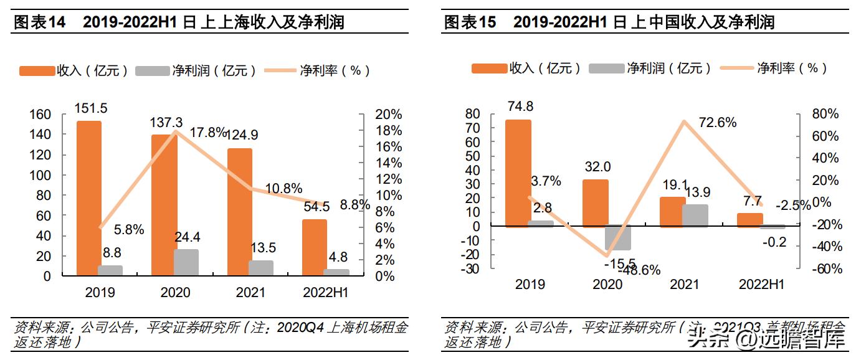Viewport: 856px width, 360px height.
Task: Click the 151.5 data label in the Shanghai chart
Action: point(91,108)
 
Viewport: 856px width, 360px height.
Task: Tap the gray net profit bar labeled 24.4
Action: point(186,263)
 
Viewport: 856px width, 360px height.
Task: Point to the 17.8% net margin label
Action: point(208,133)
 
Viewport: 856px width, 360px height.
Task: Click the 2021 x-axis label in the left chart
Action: point(250,292)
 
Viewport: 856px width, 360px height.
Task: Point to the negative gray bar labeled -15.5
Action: point(618,238)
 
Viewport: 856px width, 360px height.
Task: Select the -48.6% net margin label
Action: point(639,270)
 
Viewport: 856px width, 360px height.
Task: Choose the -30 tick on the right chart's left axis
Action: point(470,269)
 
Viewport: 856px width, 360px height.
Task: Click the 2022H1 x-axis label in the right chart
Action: point(761,285)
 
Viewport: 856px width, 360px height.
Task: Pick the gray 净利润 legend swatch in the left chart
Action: point(151,70)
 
